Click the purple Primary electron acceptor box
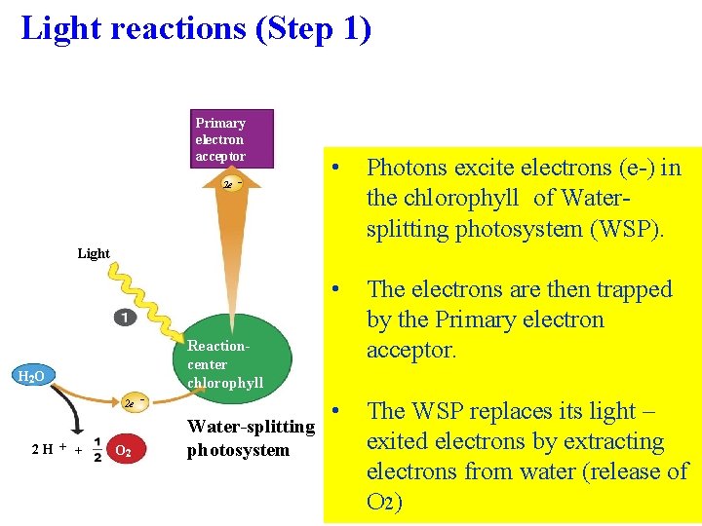(x=231, y=138)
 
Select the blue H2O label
(x=35, y=376)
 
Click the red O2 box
(x=125, y=451)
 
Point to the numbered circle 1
(x=125, y=318)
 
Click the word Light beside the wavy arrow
(x=94, y=253)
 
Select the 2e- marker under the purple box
(x=231, y=183)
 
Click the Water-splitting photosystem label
(x=251, y=438)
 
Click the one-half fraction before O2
(x=97, y=450)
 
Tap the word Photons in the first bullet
(x=409, y=168)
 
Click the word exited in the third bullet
(x=397, y=441)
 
